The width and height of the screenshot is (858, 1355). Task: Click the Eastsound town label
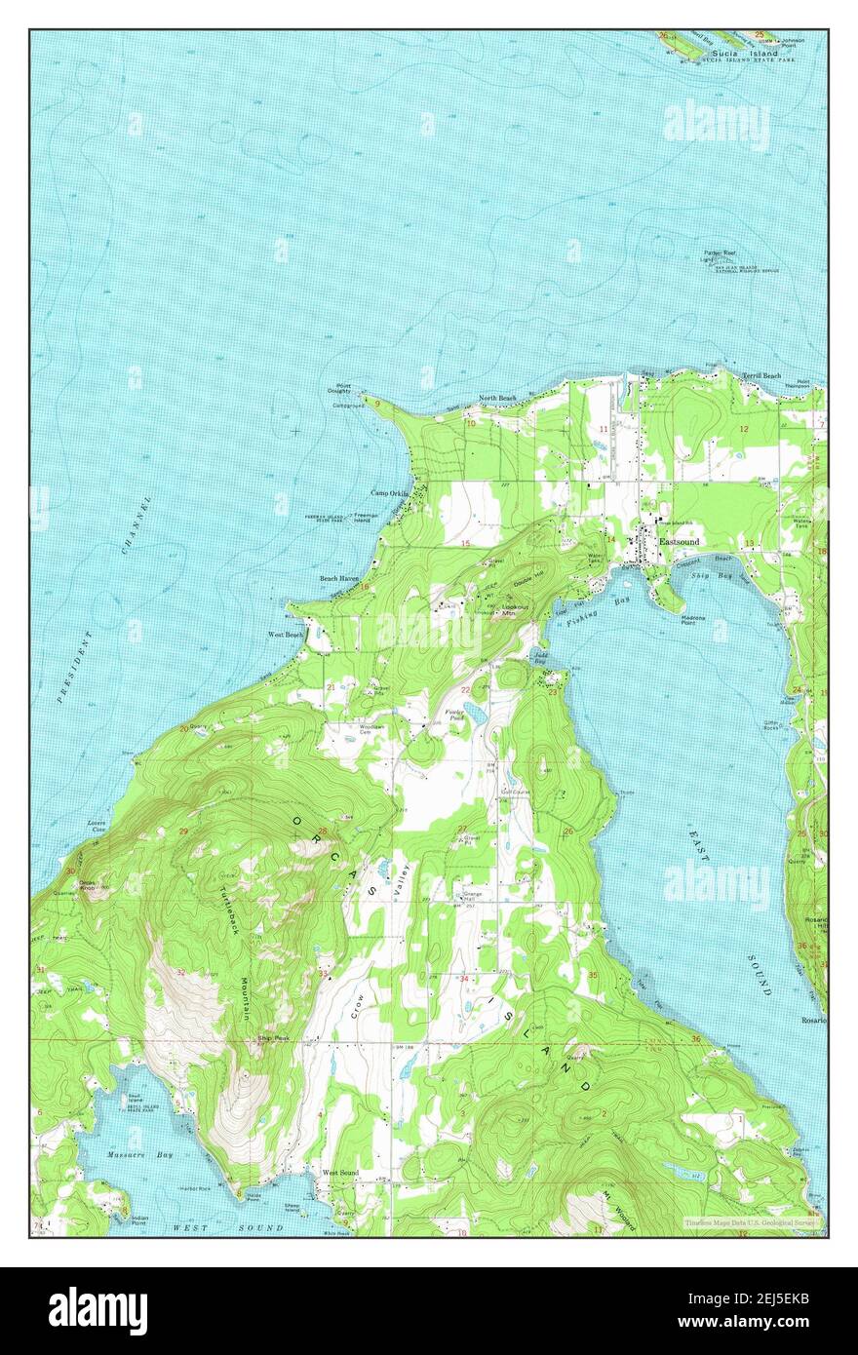(x=679, y=541)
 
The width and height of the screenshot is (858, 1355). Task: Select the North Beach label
(x=496, y=399)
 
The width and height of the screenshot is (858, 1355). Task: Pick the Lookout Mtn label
(x=515, y=610)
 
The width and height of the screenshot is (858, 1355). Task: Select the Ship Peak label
(x=270, y=1038)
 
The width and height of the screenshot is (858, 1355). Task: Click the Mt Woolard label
(x=617, y=1210)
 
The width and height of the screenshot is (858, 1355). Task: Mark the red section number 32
(x=181, y=973)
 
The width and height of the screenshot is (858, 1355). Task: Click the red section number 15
(x=466, y=543)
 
